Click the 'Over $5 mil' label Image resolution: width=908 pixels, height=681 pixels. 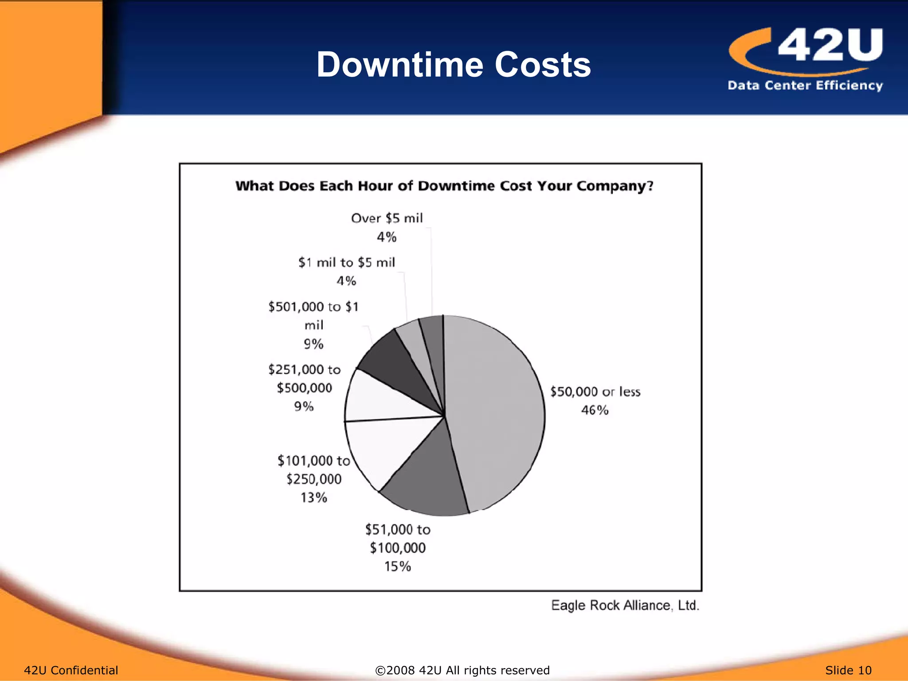[387, 218]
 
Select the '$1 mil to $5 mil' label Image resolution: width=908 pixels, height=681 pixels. [346, 262]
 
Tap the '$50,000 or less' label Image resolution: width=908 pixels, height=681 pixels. [595, 391]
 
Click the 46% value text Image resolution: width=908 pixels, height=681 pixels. [595, 410]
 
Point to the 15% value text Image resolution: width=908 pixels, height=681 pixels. [397, 566]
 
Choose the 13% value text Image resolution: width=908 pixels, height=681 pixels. [313, 497]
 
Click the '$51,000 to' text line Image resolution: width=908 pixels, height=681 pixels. [397, 529]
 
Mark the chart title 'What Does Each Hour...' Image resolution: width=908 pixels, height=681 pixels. [444, 186]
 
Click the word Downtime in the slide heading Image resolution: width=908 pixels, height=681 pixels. [399, 65]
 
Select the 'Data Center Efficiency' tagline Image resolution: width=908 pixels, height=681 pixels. [805, 85]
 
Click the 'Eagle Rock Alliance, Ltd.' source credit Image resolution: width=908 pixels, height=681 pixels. [625, 605]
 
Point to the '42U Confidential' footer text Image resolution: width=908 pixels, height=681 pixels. [71, 670]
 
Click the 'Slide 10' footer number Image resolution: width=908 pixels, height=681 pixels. [848, 670]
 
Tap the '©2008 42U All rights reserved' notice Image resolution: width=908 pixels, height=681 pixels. [462, 670]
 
